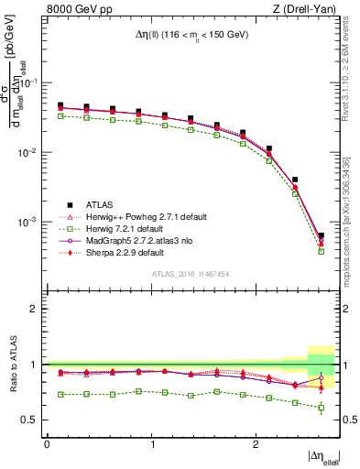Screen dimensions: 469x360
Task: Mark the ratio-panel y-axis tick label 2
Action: point(38,309)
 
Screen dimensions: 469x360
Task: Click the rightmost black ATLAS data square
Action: point(321,236)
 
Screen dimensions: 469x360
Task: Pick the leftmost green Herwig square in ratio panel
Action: point(60,394)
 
